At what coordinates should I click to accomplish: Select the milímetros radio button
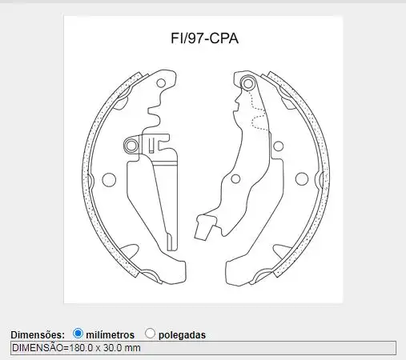[x=78, y=333]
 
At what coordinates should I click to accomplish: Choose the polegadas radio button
[x=150, y=333]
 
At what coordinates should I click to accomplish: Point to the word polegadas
[x=182, y=334]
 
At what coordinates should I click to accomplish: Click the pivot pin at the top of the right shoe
[x=247, y=83]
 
